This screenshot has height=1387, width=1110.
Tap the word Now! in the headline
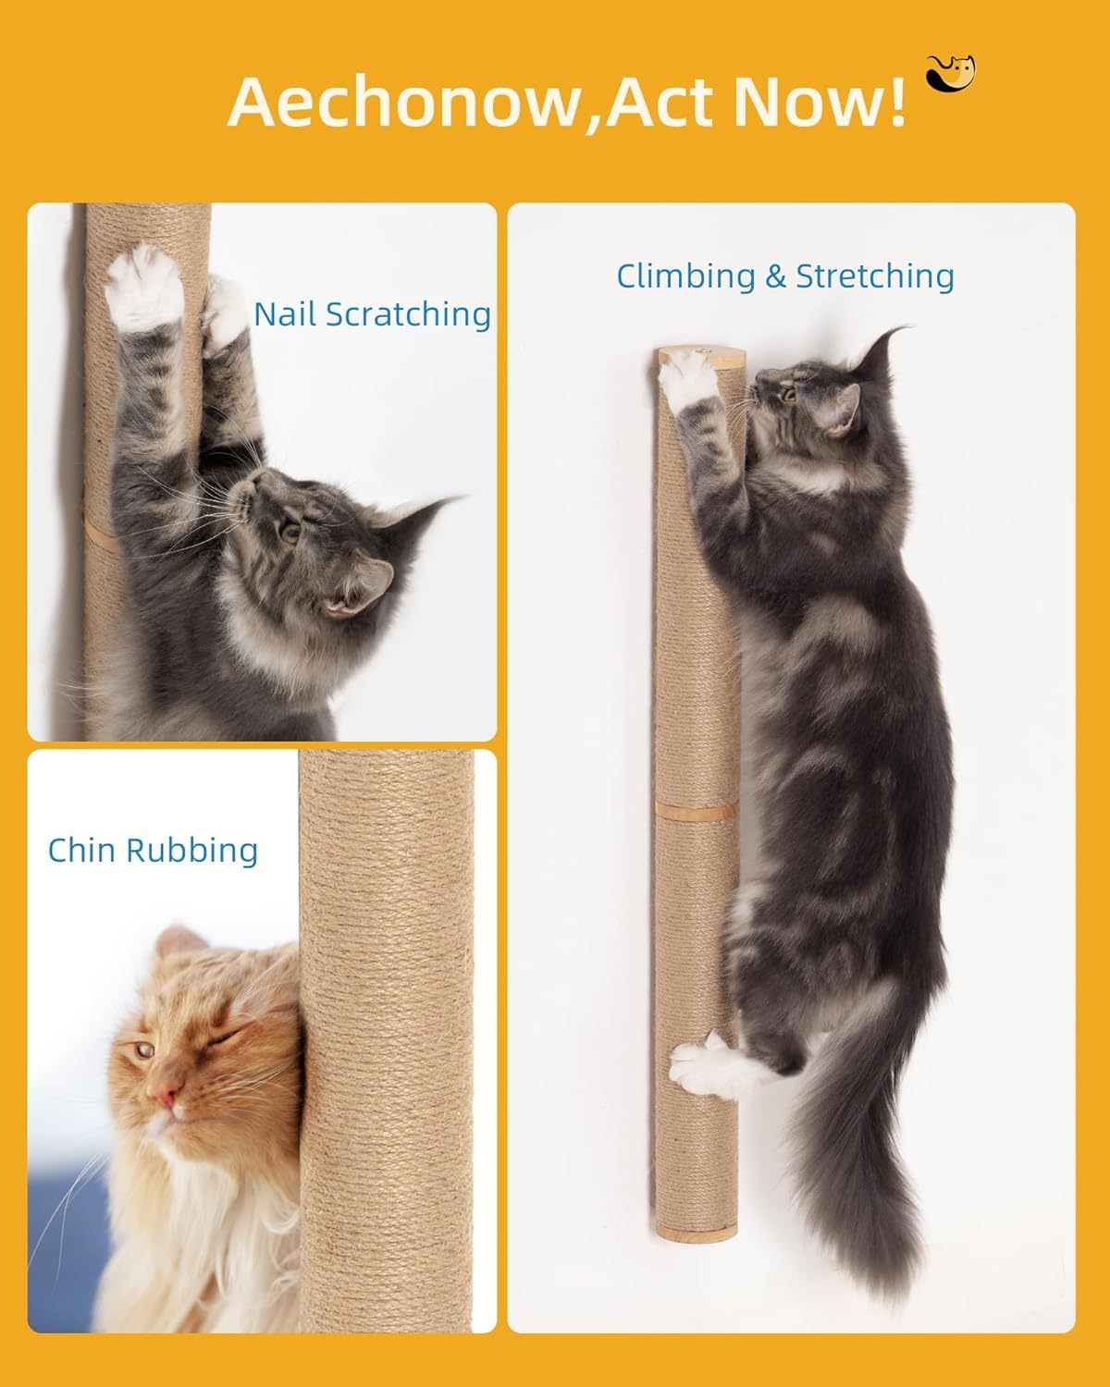click(820, 101)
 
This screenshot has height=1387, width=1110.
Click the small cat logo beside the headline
click(950, 73)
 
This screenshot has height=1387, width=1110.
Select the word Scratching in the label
click(408, 315)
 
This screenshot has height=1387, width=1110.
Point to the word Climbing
click(685, 276)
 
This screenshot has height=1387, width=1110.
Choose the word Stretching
click(874, 276)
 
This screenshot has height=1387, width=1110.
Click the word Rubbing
click(192, 851)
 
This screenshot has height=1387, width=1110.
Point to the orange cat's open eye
click(143, 1049)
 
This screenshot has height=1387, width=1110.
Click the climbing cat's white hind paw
click(703, 1067)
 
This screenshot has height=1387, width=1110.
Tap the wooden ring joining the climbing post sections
click(697, 812)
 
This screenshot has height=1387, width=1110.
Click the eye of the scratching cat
click(290, 532)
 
